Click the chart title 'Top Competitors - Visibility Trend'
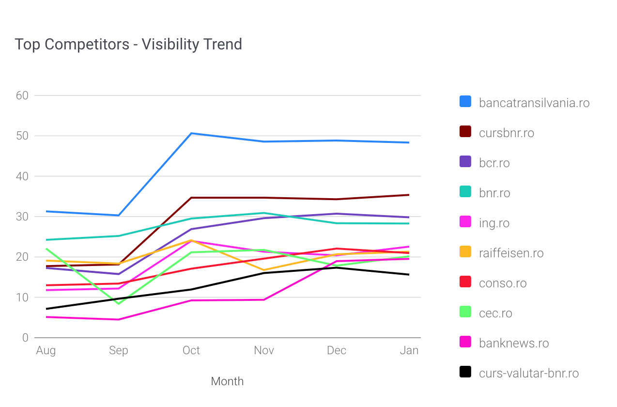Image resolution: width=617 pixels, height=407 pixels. click(128, 45)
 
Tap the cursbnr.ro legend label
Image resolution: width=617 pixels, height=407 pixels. click(507, 133)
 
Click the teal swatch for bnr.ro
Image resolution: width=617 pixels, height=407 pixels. click(465, 191)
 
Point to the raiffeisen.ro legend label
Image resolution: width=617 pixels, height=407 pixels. click(511, 253)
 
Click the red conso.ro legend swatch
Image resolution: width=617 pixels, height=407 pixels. click(465, 282)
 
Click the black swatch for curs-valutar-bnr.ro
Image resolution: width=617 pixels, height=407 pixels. click(465, 372)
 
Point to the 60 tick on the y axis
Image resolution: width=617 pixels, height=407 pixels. click(22, 95)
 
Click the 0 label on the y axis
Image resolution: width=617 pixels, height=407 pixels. click(25, 338)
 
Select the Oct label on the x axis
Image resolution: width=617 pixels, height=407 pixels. click(191, 350)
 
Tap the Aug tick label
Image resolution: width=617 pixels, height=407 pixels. click(46, 351)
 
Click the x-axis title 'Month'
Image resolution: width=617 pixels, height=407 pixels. click(227, 381)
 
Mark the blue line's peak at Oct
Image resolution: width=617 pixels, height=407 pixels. click(191, 133)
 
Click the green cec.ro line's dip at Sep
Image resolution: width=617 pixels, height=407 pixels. click(119, 304)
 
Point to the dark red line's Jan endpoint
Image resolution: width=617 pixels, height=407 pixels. click(409, 195)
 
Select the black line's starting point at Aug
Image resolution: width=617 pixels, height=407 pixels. click(46, 309)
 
